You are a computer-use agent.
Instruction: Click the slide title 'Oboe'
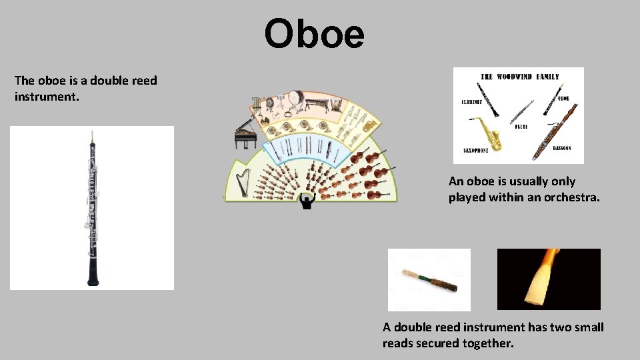tap(315, 35)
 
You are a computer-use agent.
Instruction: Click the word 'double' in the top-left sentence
tap(109, 81)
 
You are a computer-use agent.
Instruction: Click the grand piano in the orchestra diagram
tap(245, 135)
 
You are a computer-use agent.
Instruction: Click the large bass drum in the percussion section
tap(297, 98)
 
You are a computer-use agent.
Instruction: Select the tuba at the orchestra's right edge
tap(369, 125)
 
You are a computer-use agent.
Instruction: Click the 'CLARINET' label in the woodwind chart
tap(473, 102)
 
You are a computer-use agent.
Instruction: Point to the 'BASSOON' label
tap(562, 149)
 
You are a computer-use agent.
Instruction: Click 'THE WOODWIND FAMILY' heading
tap(520, 77)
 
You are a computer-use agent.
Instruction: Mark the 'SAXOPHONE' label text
tap(475, 151)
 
